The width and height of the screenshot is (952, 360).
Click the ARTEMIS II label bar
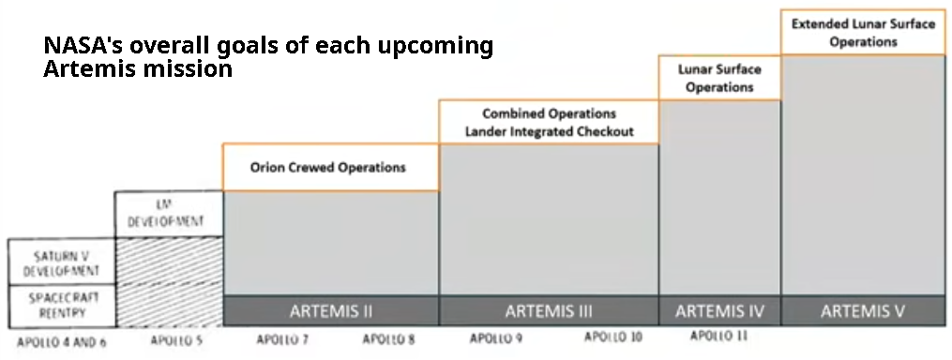tap(330, 310)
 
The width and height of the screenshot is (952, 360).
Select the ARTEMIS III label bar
tap(549, 310)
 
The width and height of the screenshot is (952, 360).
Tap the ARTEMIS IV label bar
tap(719, 310)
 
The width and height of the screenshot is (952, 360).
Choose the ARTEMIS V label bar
tap(863, 310)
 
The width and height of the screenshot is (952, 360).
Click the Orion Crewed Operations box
tap(330, 168)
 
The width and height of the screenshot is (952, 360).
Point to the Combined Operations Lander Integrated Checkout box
tap(549, 123)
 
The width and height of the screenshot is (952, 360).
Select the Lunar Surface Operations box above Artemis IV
tap(719, 79)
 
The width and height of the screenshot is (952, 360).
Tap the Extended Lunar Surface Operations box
tap(863, 33)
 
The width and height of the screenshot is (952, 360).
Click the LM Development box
tap(169, 214)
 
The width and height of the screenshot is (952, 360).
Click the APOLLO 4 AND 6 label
tap(62, 342)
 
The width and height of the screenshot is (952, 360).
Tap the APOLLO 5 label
tap(176, 341)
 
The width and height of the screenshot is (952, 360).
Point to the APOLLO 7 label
tap(282, 339)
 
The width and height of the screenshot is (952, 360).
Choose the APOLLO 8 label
tap(388, 339)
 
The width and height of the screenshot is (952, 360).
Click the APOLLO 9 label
tap(495, 338)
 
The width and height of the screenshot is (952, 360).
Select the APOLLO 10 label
tap(613, 337)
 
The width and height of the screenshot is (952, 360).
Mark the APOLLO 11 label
tap(719, 336)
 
